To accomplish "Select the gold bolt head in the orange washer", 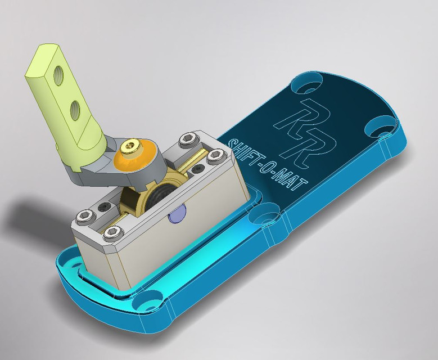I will click(128, 147).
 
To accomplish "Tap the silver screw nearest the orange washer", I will click(189, 137).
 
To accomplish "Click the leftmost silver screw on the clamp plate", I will click(86, 214).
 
